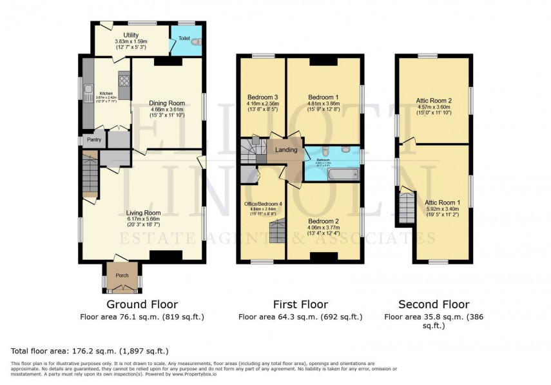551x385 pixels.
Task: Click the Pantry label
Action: click(94, 139)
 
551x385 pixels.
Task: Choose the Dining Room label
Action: click(167, 103)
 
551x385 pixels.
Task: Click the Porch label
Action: click(122, 275)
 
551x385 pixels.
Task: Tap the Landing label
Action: click(286, 150)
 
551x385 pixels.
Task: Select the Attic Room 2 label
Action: click(433, 101)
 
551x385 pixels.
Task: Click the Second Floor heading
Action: click(433, 304)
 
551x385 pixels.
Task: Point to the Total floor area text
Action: click(90, 351)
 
